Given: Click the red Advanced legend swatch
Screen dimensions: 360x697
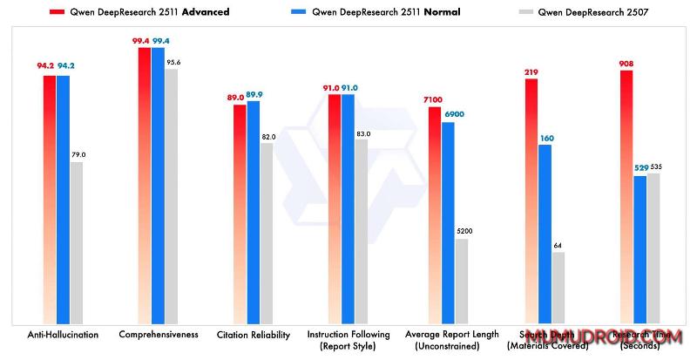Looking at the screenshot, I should pyautogui.click(x=59, y=12).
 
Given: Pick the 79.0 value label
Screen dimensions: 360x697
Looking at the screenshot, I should pyautogui.click(x=78, y=154).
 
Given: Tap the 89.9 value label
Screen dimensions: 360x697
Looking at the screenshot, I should pyautogui.click(x=255, y=93).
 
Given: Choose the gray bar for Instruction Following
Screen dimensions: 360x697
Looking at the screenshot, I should pyautogui.click(x=362, y=231).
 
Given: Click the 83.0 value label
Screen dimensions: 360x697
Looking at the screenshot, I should pyautogui.click(x=362, y=133).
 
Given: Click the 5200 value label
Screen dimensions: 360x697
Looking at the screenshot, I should pyautogui.click(x=463, y=231).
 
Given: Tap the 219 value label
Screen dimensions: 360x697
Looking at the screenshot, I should pyautogui.click(x=531, y=71).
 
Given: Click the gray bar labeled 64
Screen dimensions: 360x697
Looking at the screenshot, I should pyautogui.click(x=558, y=288).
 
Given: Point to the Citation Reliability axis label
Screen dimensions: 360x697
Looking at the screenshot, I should pyautogui.click(x=253, y=334).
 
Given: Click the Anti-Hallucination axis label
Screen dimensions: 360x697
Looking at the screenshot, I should pyautogui.click(x=62, y=334).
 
